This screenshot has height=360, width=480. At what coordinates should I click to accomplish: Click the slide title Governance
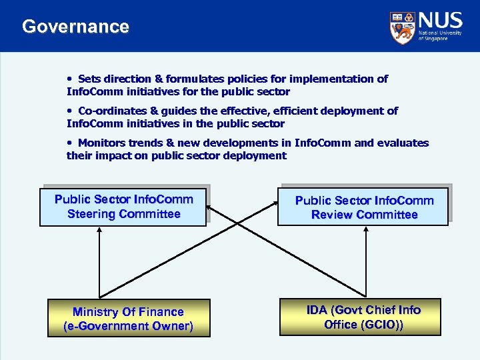75,27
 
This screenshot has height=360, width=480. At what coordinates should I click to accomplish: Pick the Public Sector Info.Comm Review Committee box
364,207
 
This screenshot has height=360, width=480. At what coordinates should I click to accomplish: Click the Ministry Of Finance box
128,319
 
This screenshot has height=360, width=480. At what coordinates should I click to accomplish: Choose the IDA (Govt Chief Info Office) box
363,317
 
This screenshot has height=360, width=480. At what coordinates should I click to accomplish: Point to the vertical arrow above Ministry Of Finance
99,263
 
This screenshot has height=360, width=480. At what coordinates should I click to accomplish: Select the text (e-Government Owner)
128,326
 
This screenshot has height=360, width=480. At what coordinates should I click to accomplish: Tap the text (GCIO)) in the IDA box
382,324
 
